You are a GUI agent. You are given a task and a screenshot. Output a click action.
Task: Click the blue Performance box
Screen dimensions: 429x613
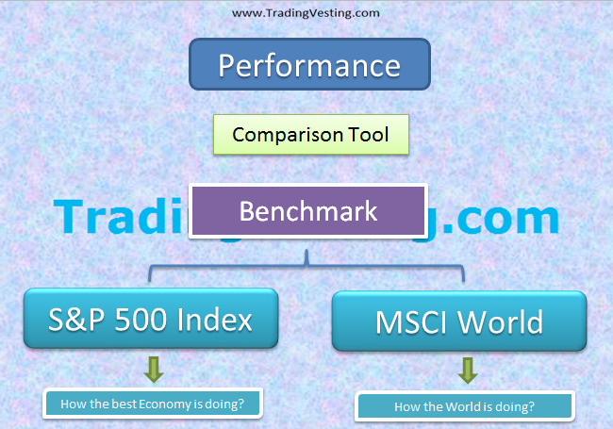click(308, 65)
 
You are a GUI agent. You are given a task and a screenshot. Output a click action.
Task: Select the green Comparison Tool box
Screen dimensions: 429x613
click(310, 135)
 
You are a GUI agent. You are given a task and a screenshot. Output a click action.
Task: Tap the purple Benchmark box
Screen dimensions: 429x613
click(307, 210)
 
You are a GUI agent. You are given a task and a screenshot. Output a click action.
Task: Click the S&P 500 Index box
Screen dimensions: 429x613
click(151, 320)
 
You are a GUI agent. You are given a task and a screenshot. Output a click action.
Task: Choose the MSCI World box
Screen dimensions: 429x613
click(459, 322)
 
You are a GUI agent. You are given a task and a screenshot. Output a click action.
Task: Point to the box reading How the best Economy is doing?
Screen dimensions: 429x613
click(152, 404)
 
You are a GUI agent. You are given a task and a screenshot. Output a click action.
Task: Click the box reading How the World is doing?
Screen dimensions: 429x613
click(464, 406)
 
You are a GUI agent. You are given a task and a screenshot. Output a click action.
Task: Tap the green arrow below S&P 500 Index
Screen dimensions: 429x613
click(155, 369)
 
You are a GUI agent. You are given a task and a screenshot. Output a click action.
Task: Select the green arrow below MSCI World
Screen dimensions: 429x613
click(467, 371)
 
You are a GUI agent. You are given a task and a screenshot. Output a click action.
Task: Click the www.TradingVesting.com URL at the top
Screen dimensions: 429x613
click(306, 13)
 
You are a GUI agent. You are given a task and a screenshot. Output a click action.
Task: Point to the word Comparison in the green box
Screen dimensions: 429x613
click(280, 135)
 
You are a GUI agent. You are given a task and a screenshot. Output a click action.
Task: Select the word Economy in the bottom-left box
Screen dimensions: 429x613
click(166, 404)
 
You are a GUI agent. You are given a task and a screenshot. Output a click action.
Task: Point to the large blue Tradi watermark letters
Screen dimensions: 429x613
click(118, 218)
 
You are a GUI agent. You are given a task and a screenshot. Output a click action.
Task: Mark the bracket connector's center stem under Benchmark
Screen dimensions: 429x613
click(306, 257)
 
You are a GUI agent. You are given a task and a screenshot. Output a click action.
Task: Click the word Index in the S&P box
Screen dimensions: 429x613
click(215, 320)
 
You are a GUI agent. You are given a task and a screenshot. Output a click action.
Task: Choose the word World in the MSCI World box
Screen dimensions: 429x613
click(501, 322)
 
